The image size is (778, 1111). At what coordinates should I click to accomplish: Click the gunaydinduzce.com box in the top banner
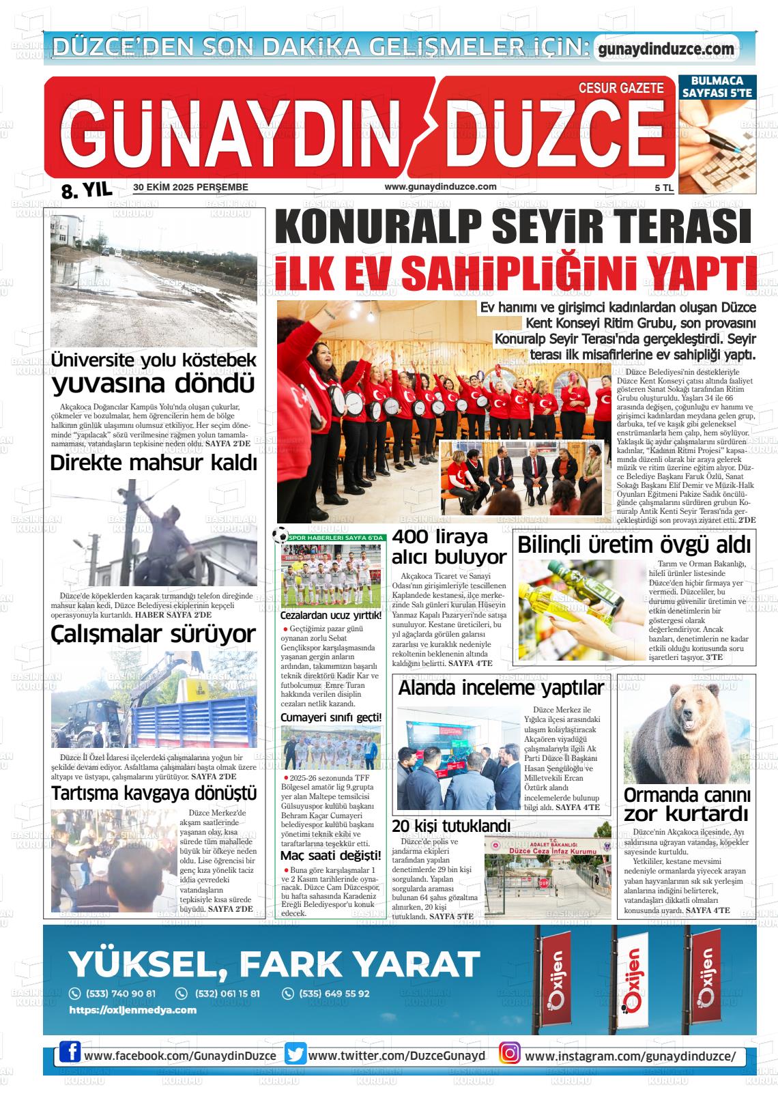click(665, 49)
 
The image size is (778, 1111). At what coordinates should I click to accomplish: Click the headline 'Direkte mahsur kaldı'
click(154, 463)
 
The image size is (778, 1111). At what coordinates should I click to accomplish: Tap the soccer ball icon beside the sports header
click(280, 536)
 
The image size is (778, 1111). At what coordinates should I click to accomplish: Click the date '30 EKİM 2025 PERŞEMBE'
click(190, 187)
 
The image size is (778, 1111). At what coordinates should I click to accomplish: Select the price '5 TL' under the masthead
click(663, 188)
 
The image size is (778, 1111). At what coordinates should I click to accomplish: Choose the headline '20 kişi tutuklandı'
click(451, 826)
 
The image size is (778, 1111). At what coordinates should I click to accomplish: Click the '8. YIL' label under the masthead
click(86, 190)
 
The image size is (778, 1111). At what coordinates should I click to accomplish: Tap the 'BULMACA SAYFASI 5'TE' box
click(717, 87)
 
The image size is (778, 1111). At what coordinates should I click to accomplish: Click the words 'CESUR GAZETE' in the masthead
click(620, 88)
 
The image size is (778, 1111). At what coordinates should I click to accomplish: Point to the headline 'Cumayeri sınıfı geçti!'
click(331, 717)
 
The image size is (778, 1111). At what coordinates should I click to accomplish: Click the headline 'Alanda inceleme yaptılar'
click(501, 688)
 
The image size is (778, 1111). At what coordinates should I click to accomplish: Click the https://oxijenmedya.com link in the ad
click(132, 1010)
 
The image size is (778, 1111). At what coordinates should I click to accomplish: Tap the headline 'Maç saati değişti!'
click(331, 856)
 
